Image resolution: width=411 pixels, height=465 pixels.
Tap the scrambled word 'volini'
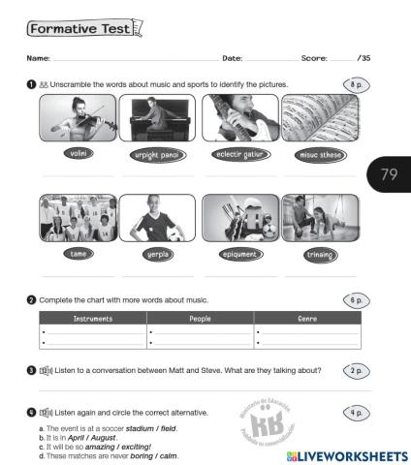coord(77,154)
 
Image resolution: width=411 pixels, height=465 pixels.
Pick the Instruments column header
coord(93,318)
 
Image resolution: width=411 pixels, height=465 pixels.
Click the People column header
coord(201,318)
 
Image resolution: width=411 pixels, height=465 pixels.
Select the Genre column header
coord(306,318)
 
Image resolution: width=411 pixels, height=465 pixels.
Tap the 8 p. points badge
coord(355,85)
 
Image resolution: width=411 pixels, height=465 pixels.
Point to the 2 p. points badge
coord(355,371)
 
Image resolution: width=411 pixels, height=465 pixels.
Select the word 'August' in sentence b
coord(117,437)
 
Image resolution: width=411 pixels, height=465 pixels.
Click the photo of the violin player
coord(77,120)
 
